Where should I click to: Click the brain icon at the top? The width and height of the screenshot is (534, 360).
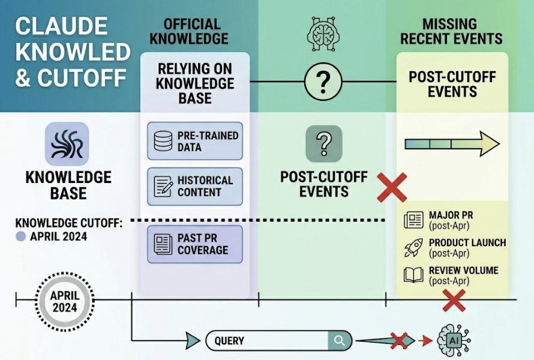pos(323,32)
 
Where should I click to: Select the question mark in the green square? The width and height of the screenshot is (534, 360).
pos(323,143)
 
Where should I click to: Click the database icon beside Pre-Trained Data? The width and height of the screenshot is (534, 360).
pos(163,142)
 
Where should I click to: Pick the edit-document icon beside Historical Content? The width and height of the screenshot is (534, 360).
pos(163,187)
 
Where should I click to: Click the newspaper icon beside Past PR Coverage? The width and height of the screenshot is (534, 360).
pos(163,244)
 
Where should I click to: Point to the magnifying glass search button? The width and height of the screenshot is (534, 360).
pos(340,341)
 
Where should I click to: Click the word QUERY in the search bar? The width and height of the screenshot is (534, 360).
pos(229,341)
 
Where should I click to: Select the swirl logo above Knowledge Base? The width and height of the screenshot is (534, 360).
pos(67,144)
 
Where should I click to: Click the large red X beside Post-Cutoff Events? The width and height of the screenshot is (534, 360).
pos(391,187)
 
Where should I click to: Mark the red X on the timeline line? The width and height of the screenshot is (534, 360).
pos(454,299)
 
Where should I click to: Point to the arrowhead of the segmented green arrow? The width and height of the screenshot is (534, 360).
pos(489,144)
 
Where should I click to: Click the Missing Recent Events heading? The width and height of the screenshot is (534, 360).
pos(452,32)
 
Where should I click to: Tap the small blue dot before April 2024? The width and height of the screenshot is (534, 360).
pos(20,236)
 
